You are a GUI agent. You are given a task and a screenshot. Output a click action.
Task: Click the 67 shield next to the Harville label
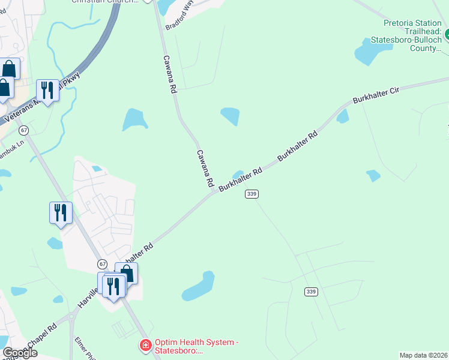pyautogui.click(x=103, y=264)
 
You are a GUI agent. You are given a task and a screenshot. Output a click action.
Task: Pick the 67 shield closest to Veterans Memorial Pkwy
pyautogui.click(x=23, y=130)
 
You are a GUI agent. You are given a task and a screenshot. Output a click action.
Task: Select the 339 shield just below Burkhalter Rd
pyautogui.click(x=252, y=194)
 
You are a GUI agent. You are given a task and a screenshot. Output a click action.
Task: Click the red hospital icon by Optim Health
pyautogui.click(x=145, y=346)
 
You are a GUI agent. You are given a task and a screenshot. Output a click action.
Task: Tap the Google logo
pyautogui.click(x=20, y=352)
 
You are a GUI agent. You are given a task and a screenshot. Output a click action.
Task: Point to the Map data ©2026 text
pyautogui.click(x=423, y=355)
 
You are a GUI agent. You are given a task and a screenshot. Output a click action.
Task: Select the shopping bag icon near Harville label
pyautogui.click(x=126, y=274)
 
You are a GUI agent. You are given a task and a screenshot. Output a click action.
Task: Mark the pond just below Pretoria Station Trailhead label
pyautogui.click(x=366, y=53)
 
